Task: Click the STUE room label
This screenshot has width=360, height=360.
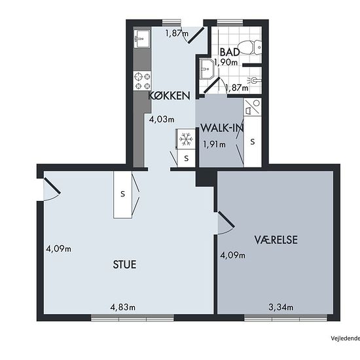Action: (124, 264)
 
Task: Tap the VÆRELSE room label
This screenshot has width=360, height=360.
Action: (276, 240)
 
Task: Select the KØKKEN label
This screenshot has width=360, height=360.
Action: (170, 96)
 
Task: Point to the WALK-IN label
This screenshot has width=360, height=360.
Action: (222, 128)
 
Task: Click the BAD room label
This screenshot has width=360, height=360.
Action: (230, 52)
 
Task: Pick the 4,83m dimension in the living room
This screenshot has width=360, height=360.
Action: (123, 307)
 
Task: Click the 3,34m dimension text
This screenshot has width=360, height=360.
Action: (281, 307)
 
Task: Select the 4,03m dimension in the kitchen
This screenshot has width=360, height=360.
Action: (162, 119)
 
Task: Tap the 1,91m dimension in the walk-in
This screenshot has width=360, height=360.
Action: (214, 145)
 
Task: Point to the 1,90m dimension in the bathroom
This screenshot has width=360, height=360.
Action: (226, 62)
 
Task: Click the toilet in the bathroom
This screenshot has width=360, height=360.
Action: (249, 48)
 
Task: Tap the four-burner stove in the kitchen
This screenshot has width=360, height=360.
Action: (142, 81)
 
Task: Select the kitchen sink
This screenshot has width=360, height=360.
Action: (142, 39)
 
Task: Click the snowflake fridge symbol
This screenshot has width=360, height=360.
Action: (185, 139)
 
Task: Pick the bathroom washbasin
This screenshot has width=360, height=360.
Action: (207, 69)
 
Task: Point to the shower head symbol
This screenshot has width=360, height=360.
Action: (254, 81)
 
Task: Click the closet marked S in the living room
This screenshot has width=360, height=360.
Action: (122, 194)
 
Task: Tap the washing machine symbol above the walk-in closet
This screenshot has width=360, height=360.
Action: (252, 107)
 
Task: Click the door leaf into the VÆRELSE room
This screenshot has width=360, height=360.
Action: (226, 219)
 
